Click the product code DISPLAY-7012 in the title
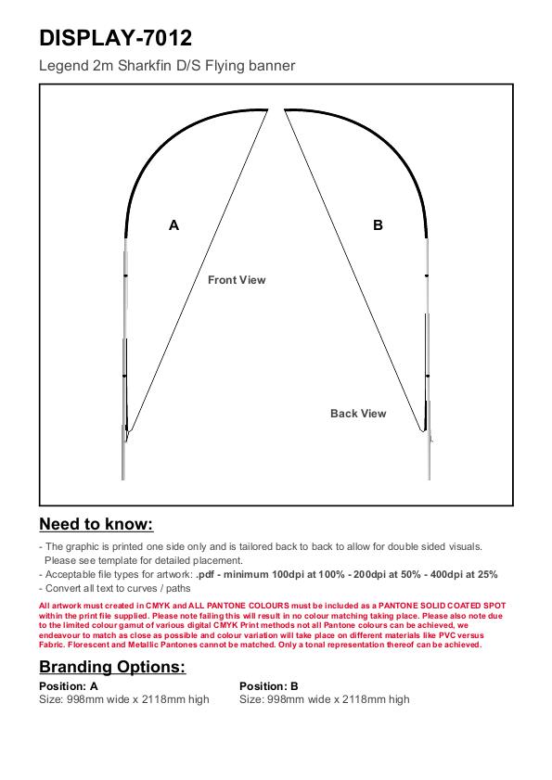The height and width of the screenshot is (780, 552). pyautogui.click(x=115, y=38)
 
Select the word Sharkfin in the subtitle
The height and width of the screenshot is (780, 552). pyautogui.click(x=145, y=66)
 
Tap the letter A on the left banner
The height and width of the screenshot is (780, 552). pyautogui.click(x=173, y=225)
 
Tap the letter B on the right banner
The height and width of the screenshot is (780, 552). pyautogui.click(x=378, y=225)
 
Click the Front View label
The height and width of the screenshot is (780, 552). pyautogui.click(x=237, y=280)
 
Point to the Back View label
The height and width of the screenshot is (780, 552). pyautogui.click(x=358, y=414)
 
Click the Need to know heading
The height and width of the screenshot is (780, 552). pyautogui.click(x=96, y=524)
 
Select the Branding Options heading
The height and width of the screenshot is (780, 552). pyautogui.click(x=112, y=667)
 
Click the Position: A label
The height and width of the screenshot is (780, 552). pyautogui.click(x=69, y=686)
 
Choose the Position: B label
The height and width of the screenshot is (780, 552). pyautogui.click(x=269, y=686)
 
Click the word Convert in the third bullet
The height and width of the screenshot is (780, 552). pyautogui.click(x=63, y=589)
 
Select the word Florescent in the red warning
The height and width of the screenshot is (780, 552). pyautogui.click(x=89, y=645)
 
